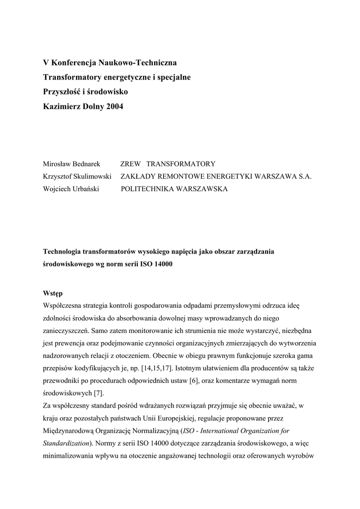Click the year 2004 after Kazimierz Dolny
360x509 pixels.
click(114, 106)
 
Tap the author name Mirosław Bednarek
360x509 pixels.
click(72, 164)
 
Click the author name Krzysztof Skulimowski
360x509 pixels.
click(77, 176)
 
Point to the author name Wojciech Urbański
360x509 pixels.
click(71, 189)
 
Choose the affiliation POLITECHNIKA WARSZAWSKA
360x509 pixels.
click(174, 189)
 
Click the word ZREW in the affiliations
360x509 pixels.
click(131, 164)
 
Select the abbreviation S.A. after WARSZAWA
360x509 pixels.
click(304, 176)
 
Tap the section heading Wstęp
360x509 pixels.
click(53, 293)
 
